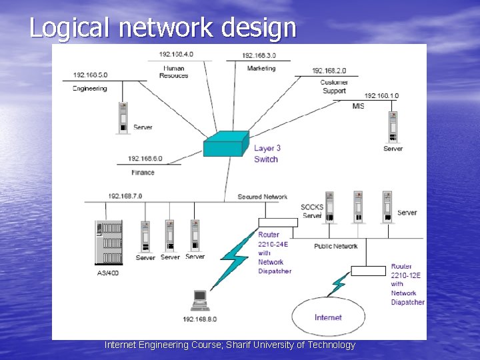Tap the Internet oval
click(x=328, y=317)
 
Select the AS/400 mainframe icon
click(x=109, y=243)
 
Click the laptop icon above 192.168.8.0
click(x=200, y=300)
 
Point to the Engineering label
click(x=90, y=88)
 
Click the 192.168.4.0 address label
click(x=177, y=54)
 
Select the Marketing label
click(x=261, y=68)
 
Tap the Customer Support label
click(x=333, y=87)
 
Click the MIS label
click(x=358, y=106)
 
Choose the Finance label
click(x=143, y=172)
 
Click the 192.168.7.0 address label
click(x=125, y=196)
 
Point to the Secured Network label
click(x=263, y=197)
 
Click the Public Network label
click(x=336, y=246)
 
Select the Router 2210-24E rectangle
click(x=277, y=223)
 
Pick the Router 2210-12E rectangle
click(x=368, y=271)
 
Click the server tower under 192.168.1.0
click(x=393, y=127)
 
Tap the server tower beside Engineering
click(x=123, y=118)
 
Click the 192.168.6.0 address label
click(x=145, y=159)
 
